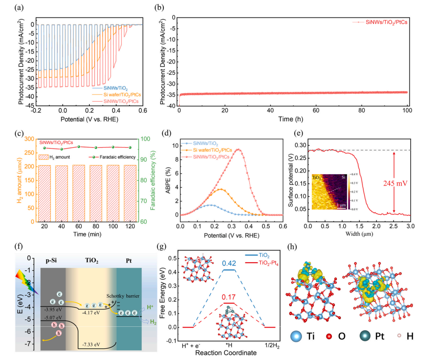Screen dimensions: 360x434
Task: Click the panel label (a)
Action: click(20, 7)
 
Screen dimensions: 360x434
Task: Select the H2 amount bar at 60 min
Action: click(78, 193)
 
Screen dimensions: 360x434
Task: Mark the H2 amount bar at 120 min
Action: click(130, 193)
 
